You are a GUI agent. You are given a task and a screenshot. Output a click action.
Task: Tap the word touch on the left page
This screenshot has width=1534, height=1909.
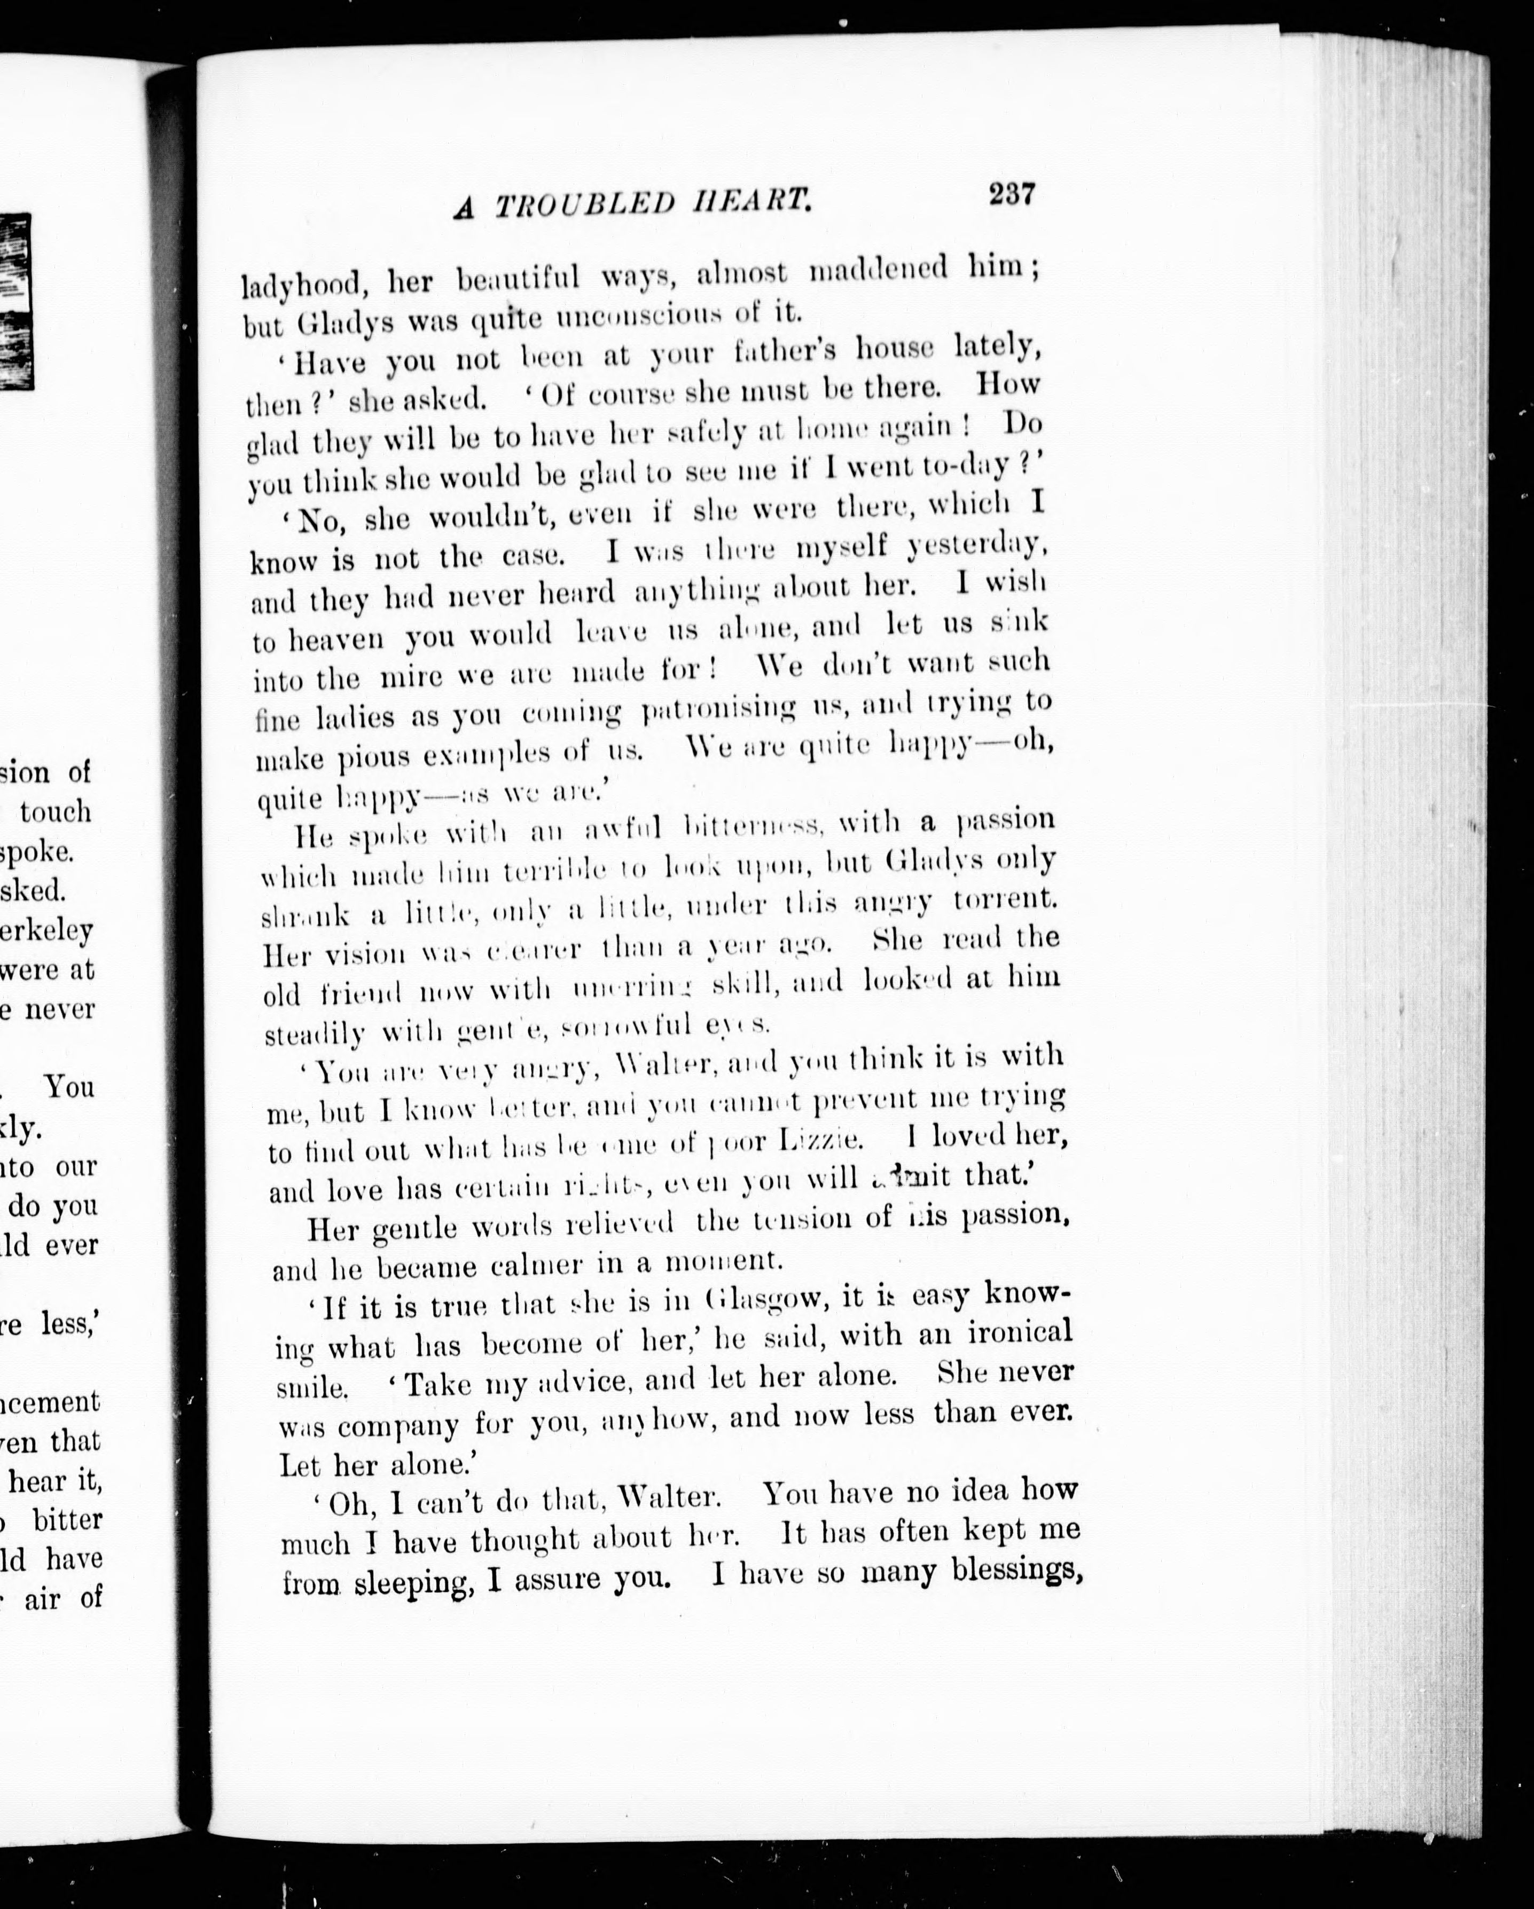click(x=55, y=812)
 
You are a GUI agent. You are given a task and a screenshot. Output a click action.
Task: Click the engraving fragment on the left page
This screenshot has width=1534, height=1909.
click(x=15, y=301)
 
